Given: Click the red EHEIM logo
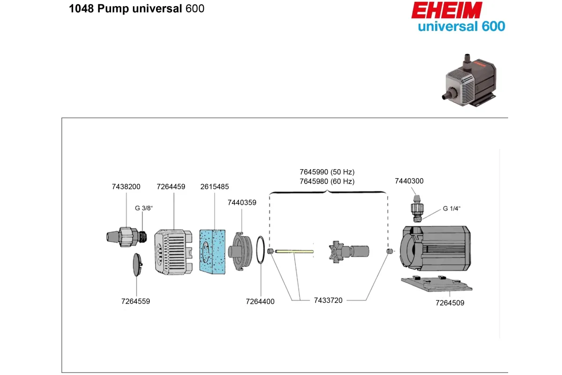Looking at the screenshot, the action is pos(447,10).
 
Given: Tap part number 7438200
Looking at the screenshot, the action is pos(126,187).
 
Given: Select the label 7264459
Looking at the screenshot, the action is pos(171,187).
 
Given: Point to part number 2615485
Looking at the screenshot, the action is pos(214,187).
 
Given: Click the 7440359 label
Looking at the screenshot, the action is pos(242,202).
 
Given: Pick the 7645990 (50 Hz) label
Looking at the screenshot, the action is pos(327,172).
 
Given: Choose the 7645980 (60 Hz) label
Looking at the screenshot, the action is pos(327,181).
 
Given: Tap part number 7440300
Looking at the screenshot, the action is pos(409,181).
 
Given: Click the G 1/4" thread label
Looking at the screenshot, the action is pos(451,209).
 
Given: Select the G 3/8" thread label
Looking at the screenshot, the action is pos(144,208).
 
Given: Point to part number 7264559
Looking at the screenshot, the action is pos(135,301).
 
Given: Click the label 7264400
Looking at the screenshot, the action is pos(260,301).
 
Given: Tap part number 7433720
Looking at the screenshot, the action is pos(328,300).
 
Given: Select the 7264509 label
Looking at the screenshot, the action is pos(450,303).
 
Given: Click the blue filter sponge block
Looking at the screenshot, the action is pos(212,252).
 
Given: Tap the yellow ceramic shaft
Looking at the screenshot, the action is pos(294,251).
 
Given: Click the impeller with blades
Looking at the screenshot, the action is pos(336,252).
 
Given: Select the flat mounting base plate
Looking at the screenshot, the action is pos(436,284).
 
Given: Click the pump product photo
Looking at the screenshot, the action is pos(469,80).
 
